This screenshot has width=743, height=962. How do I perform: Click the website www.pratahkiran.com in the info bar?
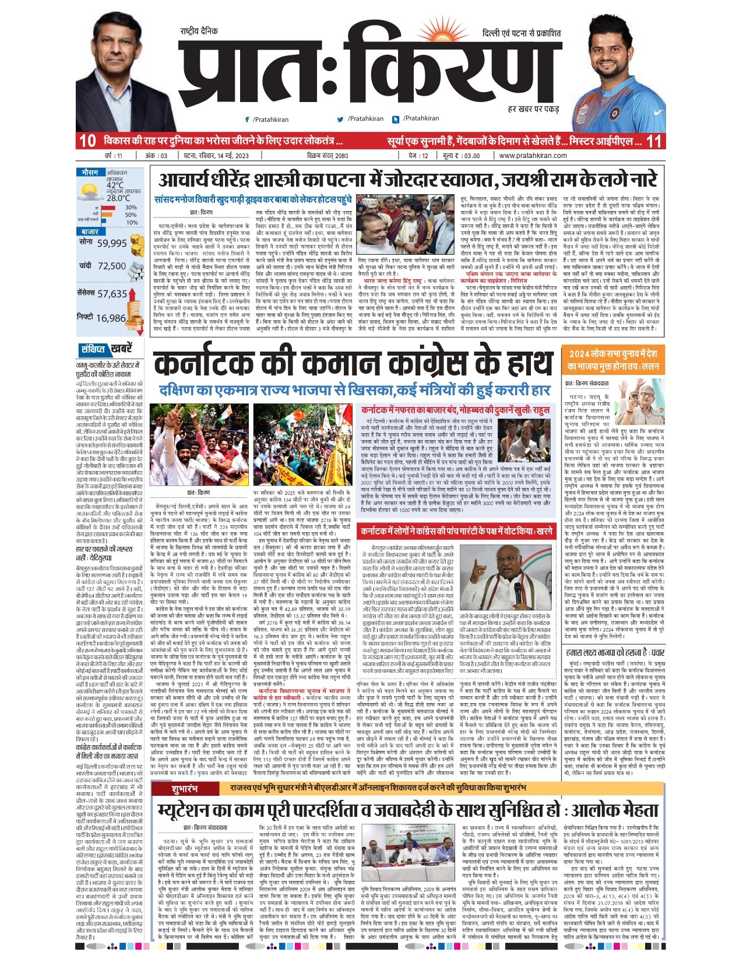click(533, 156)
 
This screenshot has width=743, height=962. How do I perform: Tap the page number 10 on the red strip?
click(87, 141)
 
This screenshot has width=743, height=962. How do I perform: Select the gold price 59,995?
click(112, 244)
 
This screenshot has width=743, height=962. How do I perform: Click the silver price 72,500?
click(112, 266)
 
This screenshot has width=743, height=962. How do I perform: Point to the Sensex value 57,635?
click(112, 294)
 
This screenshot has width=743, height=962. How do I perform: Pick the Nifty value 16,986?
click(111, 318)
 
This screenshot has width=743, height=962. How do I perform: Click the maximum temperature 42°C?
click(115, 185)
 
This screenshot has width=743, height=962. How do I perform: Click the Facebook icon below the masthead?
click(247, 119)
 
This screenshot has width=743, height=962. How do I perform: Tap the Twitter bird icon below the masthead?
click(340, 119)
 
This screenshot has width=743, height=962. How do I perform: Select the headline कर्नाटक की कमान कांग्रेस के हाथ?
click(353, 364)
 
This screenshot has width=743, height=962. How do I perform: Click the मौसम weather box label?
click(90, 173)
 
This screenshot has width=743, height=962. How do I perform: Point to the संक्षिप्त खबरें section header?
click(105, 349)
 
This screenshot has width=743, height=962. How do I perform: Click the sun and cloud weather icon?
click(90, 192)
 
